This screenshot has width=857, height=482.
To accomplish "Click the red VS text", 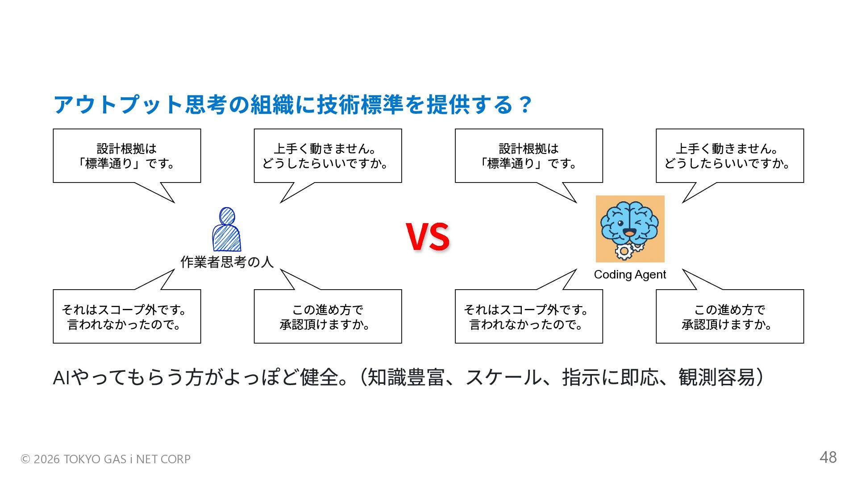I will (x=428, y=236).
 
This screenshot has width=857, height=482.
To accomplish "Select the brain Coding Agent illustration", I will (x=630, y=229).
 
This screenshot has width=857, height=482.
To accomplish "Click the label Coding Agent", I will (x=630, y=274).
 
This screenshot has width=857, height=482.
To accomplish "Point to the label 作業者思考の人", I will (x=227, y=262).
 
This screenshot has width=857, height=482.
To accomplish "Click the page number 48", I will (x=828, y=457).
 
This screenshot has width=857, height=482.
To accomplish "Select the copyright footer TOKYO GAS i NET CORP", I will (x=106, y=459).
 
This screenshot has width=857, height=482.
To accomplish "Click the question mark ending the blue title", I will (x=526, y=104).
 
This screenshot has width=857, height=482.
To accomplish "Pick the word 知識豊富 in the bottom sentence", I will (x=405, y=378).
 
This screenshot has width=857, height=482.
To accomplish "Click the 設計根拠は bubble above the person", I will (x=127, y=156).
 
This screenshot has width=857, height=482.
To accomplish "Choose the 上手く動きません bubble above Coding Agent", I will (x=729, y=156).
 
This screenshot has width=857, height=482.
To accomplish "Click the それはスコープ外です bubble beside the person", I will (x=127, y=316).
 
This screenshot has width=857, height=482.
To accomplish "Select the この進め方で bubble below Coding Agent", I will (x=729, y=316).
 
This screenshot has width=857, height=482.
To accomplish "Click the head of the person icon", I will (x=227, y=216).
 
